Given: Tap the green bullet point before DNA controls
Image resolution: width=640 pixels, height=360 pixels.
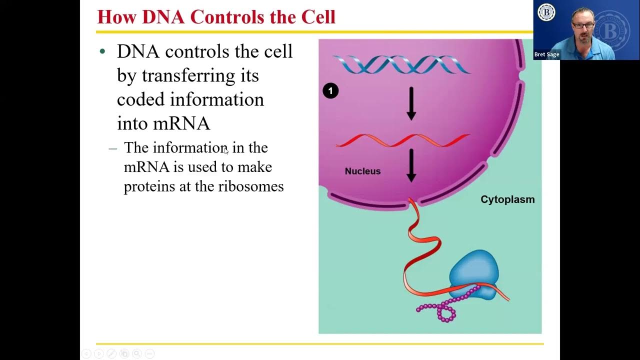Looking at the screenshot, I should (103, 51).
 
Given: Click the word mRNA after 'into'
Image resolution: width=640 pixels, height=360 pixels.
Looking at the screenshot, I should (181, 123).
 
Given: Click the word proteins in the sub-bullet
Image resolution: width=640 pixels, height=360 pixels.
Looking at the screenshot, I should (144, 186).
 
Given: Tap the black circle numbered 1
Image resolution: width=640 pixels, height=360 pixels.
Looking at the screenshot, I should (330, 91).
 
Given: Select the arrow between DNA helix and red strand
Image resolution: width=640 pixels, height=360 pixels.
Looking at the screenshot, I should (411, 103).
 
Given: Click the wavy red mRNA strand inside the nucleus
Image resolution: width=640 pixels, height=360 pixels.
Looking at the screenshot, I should (402, 141).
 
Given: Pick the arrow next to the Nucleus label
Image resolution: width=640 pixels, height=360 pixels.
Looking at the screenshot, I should (411, 165).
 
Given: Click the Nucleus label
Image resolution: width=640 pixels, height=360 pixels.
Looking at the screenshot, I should (362, 171).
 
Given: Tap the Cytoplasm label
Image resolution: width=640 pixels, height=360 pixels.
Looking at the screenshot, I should (507, 199).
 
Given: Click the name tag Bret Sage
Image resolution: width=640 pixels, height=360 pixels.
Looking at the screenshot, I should (546, 54).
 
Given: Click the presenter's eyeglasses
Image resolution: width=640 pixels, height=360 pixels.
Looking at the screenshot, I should (583, 25).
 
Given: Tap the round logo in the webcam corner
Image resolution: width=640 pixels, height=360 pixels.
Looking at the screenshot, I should (546, 12).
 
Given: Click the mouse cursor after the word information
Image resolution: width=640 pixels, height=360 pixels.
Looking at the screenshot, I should (226, 151).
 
